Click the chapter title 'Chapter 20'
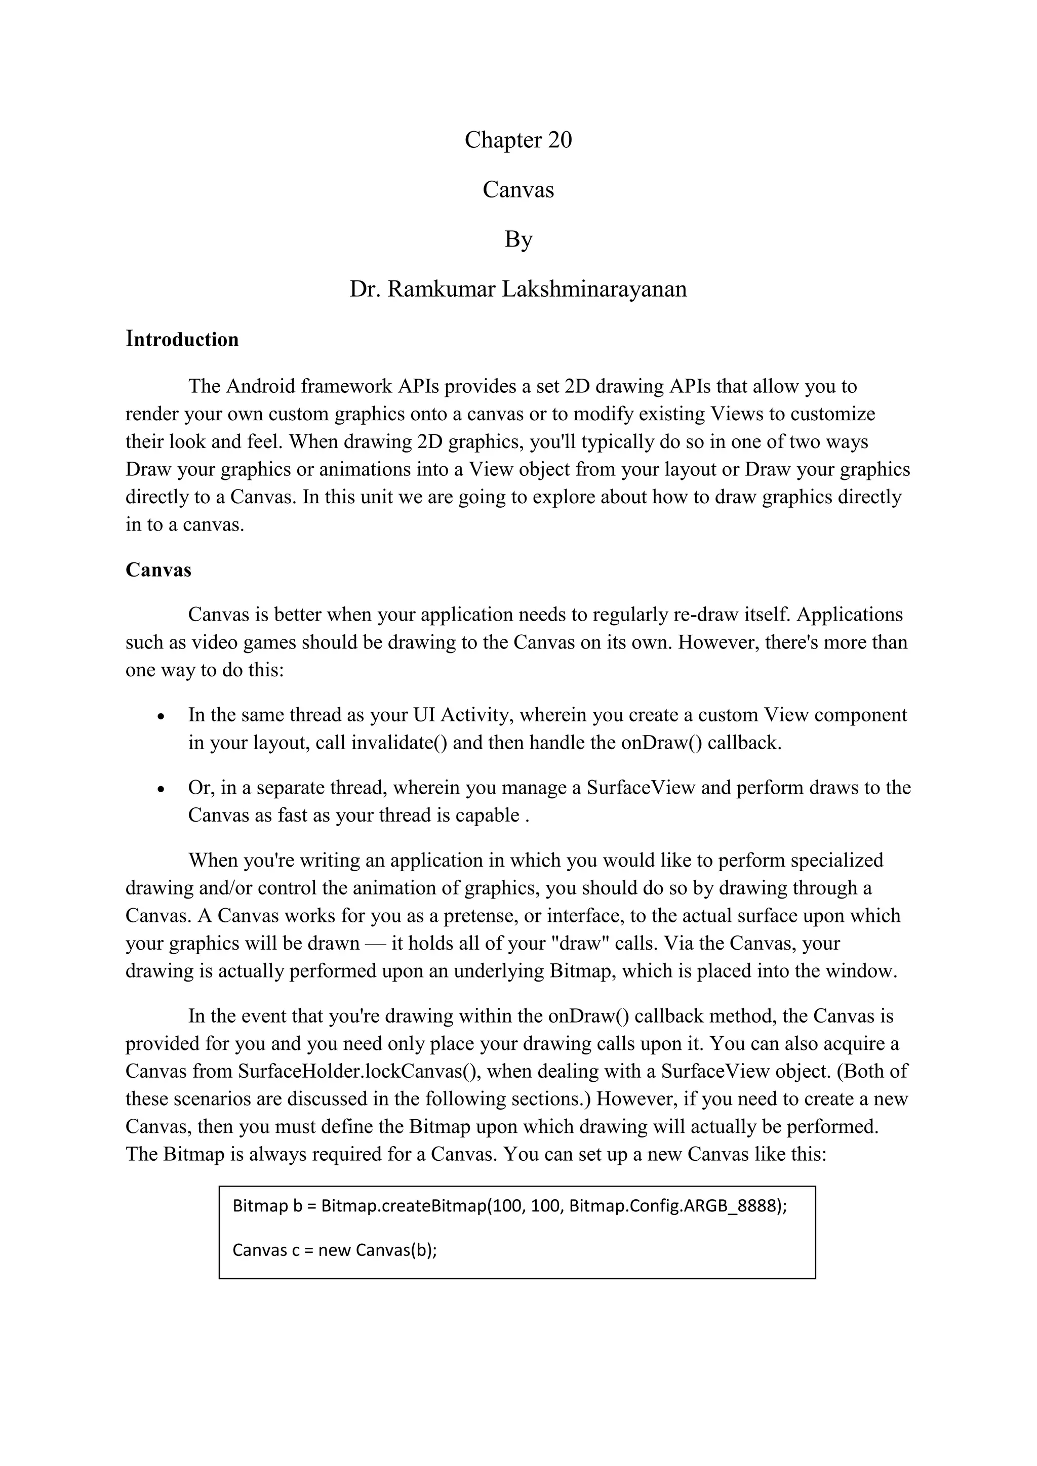click(518, 140)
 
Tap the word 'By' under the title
click(518, 239)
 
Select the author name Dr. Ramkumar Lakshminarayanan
click(518, 289)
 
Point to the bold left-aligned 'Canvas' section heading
click(158, 569)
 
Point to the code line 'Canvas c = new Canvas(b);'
click(335, 1249)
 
